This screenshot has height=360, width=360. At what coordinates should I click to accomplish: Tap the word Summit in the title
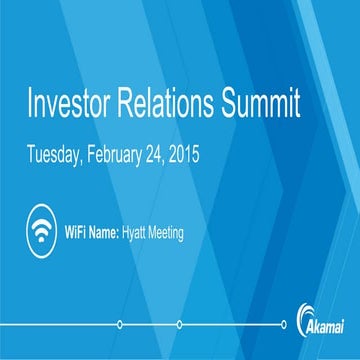[x=267, y=105]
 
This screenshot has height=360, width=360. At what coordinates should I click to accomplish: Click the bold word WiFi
[x=79, y=233]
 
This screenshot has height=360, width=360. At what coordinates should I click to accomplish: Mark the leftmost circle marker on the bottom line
[x=120, y=323]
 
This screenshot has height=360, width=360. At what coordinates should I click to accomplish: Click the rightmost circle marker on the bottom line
[x=285, y=323]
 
